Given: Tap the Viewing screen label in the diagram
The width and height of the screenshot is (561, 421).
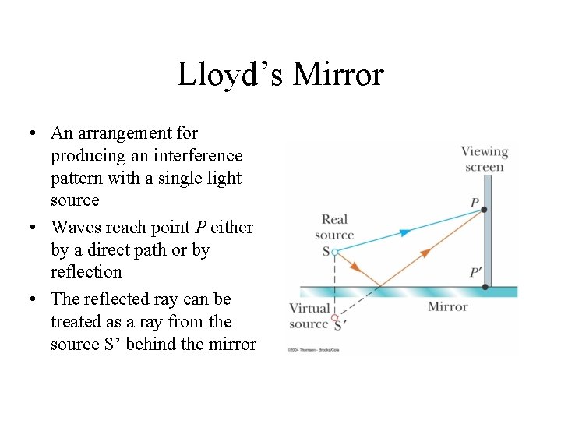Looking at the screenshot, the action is [484, 158].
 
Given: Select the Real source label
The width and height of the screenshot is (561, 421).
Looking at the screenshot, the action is [334, 227].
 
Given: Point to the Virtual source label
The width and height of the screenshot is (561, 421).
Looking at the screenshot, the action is [309, 316].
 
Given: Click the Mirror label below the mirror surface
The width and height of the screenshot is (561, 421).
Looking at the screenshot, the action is [447, 306].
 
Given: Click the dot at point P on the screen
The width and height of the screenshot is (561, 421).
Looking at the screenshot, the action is [485, 209].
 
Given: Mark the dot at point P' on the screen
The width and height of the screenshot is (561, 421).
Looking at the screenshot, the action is [485, 287].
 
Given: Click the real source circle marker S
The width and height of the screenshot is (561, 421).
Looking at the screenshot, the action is [334, 252].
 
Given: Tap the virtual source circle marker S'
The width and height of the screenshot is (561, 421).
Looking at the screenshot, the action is [335, 317].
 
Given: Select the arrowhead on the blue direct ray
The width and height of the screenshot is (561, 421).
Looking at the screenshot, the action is [405, 232].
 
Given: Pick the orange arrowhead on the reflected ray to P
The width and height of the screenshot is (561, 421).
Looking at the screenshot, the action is [425, 253].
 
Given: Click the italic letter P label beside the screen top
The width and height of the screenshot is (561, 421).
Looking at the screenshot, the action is [475, 203].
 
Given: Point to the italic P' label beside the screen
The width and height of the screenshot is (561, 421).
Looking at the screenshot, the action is [475, 273].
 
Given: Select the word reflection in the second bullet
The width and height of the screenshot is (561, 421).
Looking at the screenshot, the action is [86, 272].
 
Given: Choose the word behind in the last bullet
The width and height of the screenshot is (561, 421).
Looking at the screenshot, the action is [177, 344].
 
